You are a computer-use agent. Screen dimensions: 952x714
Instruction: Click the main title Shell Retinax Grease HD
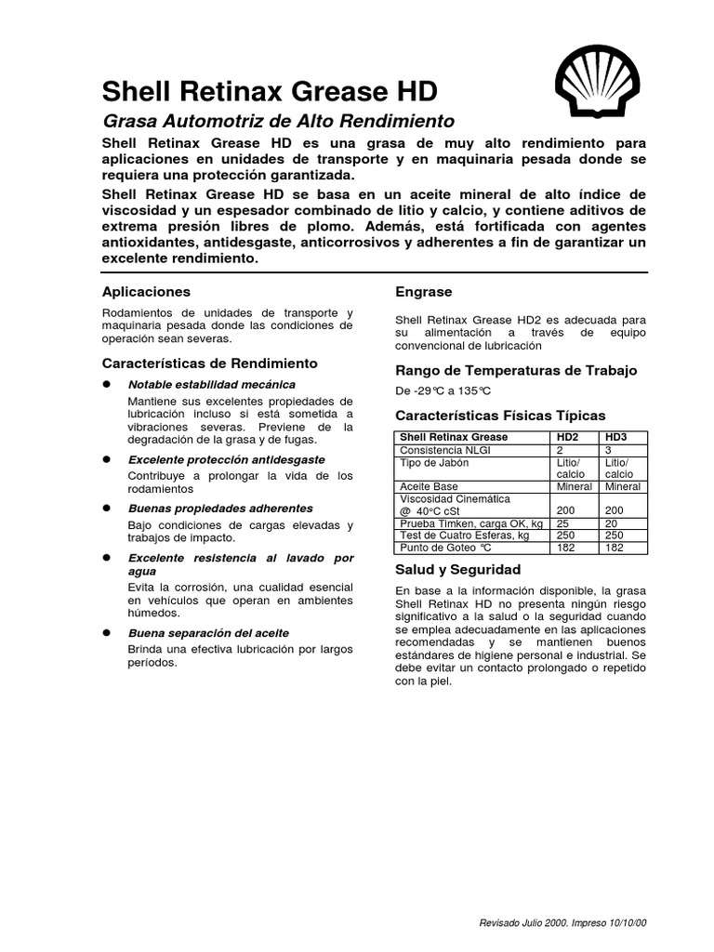(268, 91)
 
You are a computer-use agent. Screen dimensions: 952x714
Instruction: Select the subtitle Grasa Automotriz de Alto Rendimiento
(277, 121)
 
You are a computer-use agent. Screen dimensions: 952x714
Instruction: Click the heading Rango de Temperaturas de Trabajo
(517, 370)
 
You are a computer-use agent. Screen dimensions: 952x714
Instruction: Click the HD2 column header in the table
(567, 436)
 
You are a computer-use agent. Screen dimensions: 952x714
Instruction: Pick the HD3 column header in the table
(616, 436)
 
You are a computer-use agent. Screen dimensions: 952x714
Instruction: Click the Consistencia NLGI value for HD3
(610, 449)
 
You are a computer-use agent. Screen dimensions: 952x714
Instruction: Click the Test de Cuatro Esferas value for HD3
(615, 536)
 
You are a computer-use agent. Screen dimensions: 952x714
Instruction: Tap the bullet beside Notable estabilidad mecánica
(107, 384)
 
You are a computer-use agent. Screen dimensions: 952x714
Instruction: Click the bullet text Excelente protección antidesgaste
(227, 460)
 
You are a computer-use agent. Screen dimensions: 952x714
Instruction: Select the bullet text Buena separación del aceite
(208, 632)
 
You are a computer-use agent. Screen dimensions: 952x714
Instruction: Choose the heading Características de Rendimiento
(209, 363)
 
